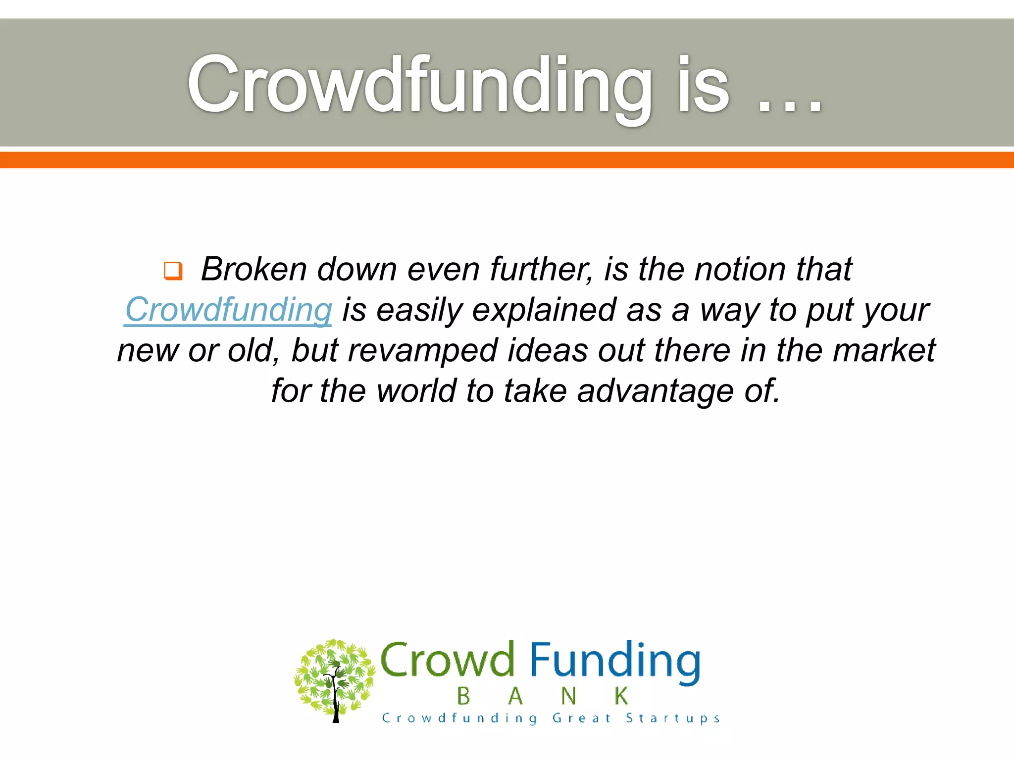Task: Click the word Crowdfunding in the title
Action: (x=419, y=85)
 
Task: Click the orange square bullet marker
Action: (x=173, y=271)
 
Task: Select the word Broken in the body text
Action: (x=254, y=270)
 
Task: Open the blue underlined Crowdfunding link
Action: (x=228, y=310)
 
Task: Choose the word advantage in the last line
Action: (x=655, y=391)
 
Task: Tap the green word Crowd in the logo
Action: (x=447, y=660)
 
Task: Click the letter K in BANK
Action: (x=621, y=696)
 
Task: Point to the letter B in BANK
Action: (x=463, y=697)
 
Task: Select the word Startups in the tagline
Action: (x=672, y=718)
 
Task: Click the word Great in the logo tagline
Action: (x=581, y=718)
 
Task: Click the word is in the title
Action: (x=703, y=85)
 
